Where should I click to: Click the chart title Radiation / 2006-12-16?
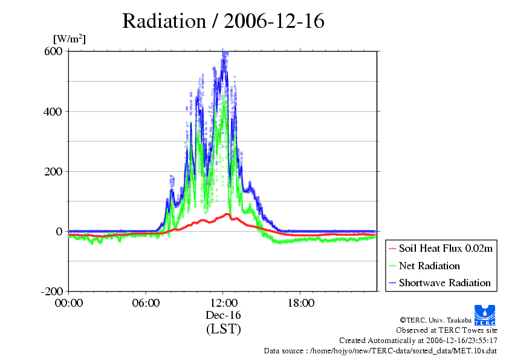click(x=223, y=21)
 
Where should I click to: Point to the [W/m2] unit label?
click(x=70, y=39)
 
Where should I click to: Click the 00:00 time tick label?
click(x=68, y=303)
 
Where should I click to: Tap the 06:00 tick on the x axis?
click(x=146, y=303)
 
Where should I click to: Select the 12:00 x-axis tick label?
click(x=223, y=303)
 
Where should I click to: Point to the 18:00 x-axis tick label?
click(x=300, y=303)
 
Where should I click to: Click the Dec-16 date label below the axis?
click(x=223, y=315)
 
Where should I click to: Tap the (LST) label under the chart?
click(x=223, y=329)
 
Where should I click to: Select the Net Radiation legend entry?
click(x=429, y=266)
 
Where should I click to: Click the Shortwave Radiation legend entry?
click(x=444, y=283)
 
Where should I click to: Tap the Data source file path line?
click(x=380, y=351)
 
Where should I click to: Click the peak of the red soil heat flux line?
click(x=227, y=214)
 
